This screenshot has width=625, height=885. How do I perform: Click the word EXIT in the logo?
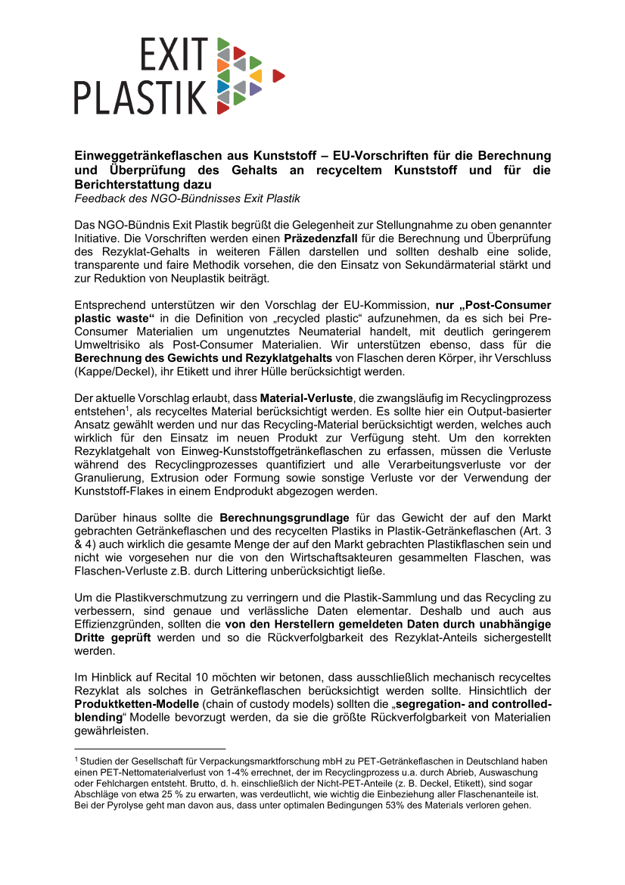(173, 55)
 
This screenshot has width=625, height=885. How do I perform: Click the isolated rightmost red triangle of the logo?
(278, 75)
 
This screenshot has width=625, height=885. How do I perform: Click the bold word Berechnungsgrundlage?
(276, 518)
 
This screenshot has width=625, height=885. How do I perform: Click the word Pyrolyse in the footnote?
(120, 805)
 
